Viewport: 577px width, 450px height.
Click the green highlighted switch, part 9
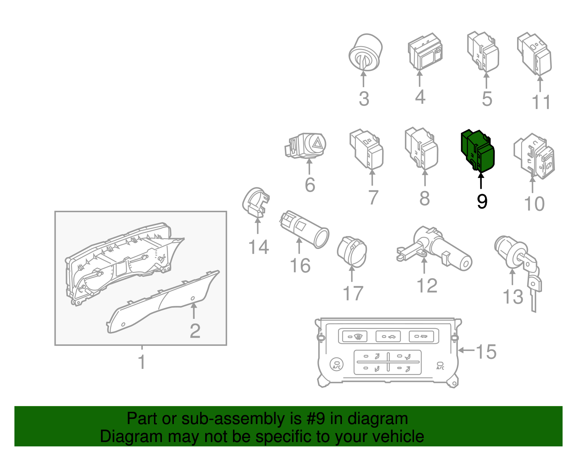[477, 150]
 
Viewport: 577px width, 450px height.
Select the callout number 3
[364, 99]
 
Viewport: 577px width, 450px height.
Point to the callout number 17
[353, 293]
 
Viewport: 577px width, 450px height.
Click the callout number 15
[486, 352]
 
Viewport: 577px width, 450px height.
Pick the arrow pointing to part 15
[466, 350]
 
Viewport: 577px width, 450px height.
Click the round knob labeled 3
[366, 53]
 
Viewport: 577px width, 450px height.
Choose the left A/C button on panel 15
[336, 364]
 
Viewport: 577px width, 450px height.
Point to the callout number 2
[195, 331]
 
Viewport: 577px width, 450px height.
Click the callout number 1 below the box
[142, 362]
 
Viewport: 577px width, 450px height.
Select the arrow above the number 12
[424, 266]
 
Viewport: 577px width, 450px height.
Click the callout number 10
[534, 204]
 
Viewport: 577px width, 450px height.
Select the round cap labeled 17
[352, 251]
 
